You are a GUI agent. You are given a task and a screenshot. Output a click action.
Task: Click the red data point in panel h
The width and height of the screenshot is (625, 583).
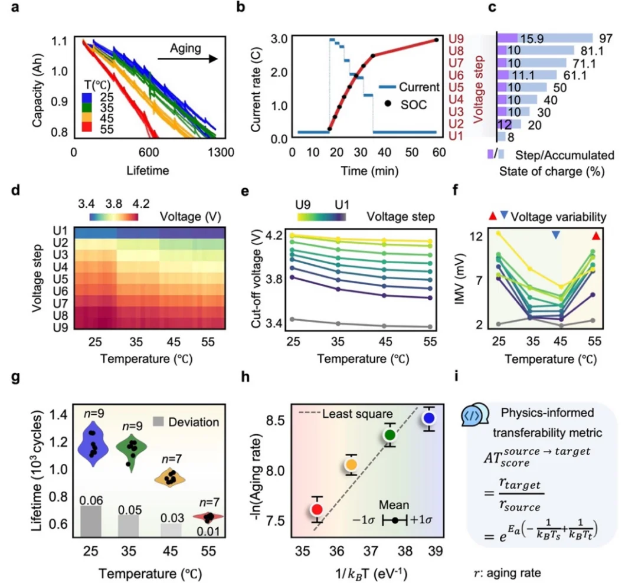click(316, 509)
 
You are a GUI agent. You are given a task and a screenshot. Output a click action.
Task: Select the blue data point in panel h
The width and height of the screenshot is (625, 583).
click(429, 418)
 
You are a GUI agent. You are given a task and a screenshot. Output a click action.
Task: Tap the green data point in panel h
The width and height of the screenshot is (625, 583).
click(390, 435)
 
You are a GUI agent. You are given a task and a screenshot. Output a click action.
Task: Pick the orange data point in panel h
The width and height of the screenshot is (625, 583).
click(351, 465)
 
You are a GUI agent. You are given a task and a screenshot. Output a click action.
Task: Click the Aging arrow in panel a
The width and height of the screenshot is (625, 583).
click(188, 58)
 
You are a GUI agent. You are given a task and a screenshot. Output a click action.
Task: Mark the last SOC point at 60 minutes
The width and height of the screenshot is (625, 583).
click(436, 40)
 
